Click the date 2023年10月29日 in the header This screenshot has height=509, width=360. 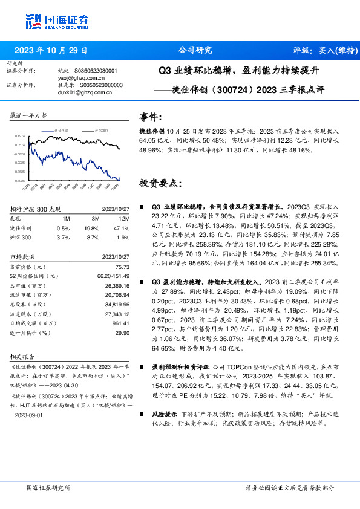(51, 50)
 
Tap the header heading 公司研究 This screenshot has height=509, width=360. (195, 50)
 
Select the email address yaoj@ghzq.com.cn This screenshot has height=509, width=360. (79, 78)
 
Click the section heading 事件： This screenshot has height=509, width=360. (151, 116)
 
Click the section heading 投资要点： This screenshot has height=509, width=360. (160, 183)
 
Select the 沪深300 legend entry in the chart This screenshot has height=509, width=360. (102, 131)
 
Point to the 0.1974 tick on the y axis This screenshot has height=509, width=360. (21, 137)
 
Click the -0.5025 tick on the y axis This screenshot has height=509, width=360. (21, 180)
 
